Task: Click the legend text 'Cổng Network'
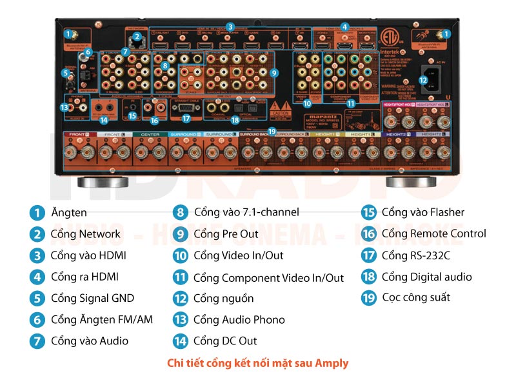[85, 234]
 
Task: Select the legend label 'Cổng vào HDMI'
[88, 255]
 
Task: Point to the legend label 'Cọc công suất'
[416, 297]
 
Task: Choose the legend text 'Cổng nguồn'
[223, 299]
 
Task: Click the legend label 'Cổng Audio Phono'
[239, 320]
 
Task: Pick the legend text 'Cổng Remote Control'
[433, 233]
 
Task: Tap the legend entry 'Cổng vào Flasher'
[422, 212]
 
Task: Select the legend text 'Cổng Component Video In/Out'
[268, 278]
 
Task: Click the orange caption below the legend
[257, 363]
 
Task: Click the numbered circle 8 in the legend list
[180, 212]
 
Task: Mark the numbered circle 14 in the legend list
[180, 341]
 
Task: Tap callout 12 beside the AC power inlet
[423, 80]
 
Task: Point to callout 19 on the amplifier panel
[272, 131]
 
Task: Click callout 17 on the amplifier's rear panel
[186, 118]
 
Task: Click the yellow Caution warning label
[281, 107]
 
